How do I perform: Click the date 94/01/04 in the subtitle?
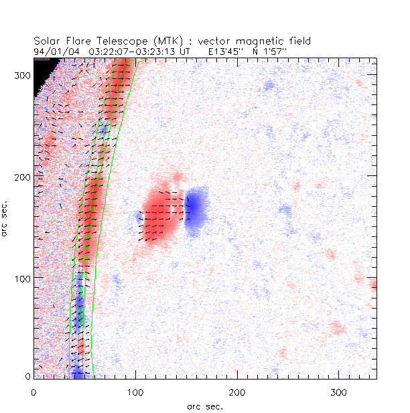(x=54, y=50)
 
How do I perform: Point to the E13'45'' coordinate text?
(x=224, y=50)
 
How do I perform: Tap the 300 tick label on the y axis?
(x=21, y=76)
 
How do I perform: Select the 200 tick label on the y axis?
(x=21, y=177)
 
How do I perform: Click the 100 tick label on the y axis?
(x=21, y=278)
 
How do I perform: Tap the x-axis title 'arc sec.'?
(x=204, y=405)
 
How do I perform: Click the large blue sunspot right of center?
(x=197, y=210)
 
